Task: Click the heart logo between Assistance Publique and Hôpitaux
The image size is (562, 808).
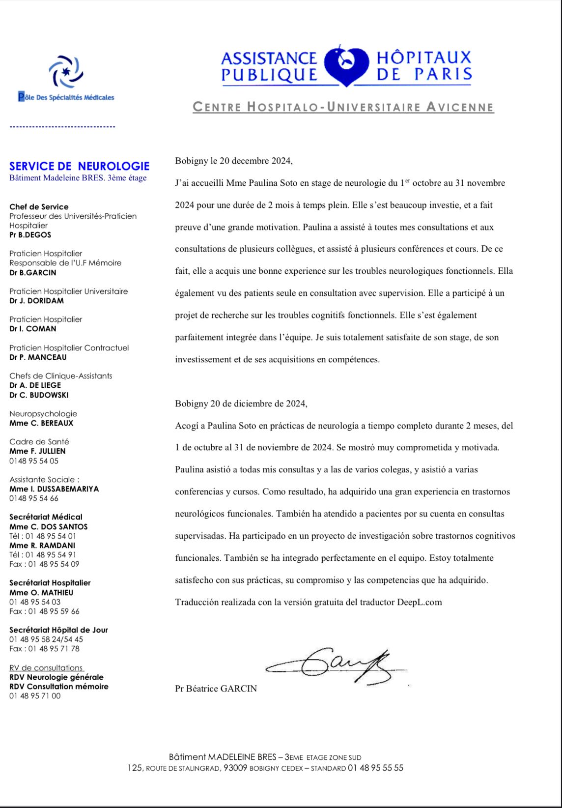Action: pos(346,66)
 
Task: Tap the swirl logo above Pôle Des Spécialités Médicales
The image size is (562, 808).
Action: pos(66,72)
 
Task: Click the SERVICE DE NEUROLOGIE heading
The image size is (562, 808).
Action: pos(79,166)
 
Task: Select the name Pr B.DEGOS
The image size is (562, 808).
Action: pos(30,235)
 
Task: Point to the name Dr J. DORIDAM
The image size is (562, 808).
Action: pos(36,301)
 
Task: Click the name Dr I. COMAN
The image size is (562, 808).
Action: pos(32,329)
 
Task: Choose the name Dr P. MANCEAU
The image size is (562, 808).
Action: pos(38,357)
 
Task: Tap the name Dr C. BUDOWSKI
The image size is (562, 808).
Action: pos(39,395)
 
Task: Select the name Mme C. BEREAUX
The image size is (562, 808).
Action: pos(41,423)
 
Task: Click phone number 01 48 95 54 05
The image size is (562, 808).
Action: pos(34,461)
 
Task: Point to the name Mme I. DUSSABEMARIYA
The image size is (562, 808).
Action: pos(54,489)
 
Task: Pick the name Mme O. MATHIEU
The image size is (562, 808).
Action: pos(41,593)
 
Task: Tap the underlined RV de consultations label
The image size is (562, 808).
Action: pos(47,668)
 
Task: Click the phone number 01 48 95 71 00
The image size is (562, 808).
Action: pos(35,696)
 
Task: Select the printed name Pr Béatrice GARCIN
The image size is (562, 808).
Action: pos(216,689)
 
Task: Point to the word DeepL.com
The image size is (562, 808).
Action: pos(420,602)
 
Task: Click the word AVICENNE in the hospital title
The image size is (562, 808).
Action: pos(460,107)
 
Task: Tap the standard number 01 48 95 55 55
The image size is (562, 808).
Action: pos(375,768)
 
